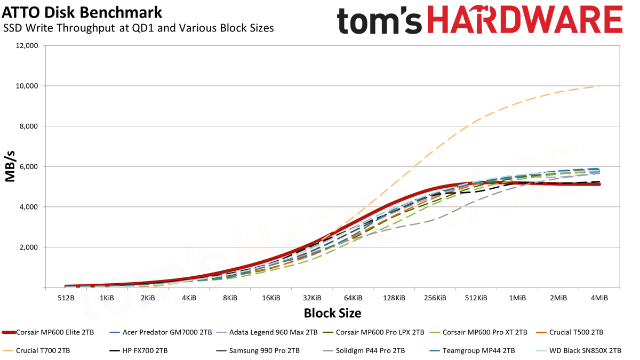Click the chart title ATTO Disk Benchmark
[82, 13]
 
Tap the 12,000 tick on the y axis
[26, 46]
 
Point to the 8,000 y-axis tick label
[28, 126]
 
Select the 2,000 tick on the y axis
[28, 247]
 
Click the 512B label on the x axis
[66, 298]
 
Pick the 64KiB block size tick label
[353, 298]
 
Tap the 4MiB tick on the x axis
[599, 298]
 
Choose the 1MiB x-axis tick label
[517, 298]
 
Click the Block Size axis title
[333, 313]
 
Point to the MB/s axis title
[10, 166]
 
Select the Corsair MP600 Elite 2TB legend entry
[48, 333]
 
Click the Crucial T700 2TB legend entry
[36, 350]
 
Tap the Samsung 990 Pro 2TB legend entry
[258, 350]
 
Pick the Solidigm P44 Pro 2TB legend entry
[364, 350]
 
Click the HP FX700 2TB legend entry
[139, 350]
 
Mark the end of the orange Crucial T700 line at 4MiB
[599, 86]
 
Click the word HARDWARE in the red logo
[525, 20]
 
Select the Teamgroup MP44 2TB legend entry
[473, 350]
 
